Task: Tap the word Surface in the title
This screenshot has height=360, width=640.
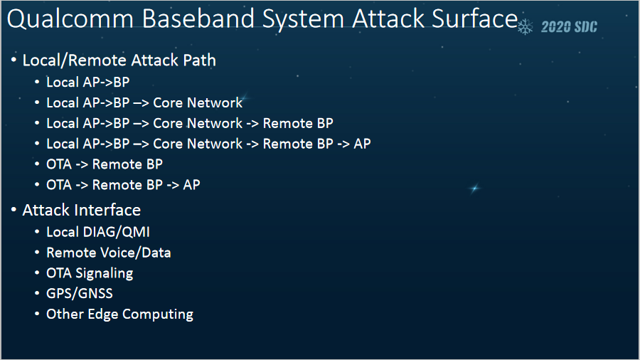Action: pyautogui.click(x=472, y=19)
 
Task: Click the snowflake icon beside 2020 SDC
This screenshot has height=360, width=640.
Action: pyautogui.click(x=526, y=27)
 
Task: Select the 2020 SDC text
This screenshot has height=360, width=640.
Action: pyautogui.click(x=569, y=28)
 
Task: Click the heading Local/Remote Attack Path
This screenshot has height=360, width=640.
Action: pyautogui.click(x=119, y=60)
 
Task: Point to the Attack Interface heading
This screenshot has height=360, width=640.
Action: pyautogui.click(x=81, y=210)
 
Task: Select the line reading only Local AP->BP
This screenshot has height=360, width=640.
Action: pyautogui.click(x=88, y=82)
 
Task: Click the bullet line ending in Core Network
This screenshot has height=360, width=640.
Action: pyautogui.click(x=144, y=102)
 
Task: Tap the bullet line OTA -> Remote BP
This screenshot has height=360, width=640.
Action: pyautogui.click(x=105, y=164)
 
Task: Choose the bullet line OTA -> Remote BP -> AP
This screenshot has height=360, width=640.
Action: pyautogui.click(x=123, y=185)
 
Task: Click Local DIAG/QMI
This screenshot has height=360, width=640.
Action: pyautogui.click(x=98, y=232)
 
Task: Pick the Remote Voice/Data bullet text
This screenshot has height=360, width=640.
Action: pyautogui.click(x=108, y=253)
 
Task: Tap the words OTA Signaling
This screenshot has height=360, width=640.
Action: pyautogui.click(x=90, y=273)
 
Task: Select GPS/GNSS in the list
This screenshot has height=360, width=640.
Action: pyautogui.click(x=80, y=293)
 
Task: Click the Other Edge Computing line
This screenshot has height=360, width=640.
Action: pyautogui.click(x=119, y=314)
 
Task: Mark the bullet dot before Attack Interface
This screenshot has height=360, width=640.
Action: pyautogui.click(x=14, y=211)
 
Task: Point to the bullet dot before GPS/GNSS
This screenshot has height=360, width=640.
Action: pyautogui.click(x=37, y=294)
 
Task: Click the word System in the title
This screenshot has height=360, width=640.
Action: pyautogui.click(x=303, y=19)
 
